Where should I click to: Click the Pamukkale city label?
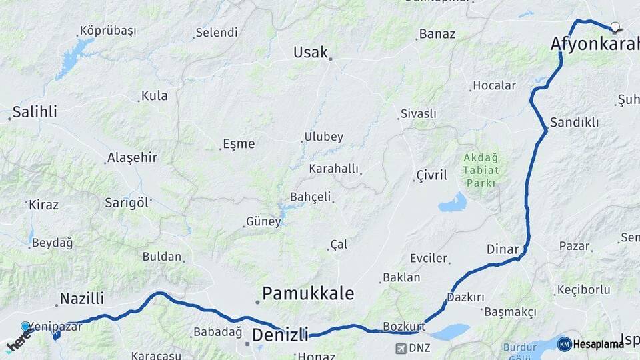click(307, 293)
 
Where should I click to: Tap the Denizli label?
click(279, 334)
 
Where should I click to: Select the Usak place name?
click(311, 52)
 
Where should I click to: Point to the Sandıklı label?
click(574, 123)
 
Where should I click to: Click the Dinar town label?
click(503, 249)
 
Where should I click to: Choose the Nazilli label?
click(82, 299)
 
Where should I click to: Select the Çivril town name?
click(431, 175)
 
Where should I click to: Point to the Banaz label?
click(437, 34)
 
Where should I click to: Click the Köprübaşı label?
click(107, 31)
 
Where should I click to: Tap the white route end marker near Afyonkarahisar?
click(615, 27)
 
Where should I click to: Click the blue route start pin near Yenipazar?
click(25, 327)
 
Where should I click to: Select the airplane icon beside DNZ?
click(401, 348)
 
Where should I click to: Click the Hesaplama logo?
click(591, 343)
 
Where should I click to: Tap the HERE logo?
click(17, 341)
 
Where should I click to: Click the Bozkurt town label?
click(404, 327)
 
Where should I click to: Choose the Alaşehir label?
click(133, 158)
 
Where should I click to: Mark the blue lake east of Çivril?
click(453, 202)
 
